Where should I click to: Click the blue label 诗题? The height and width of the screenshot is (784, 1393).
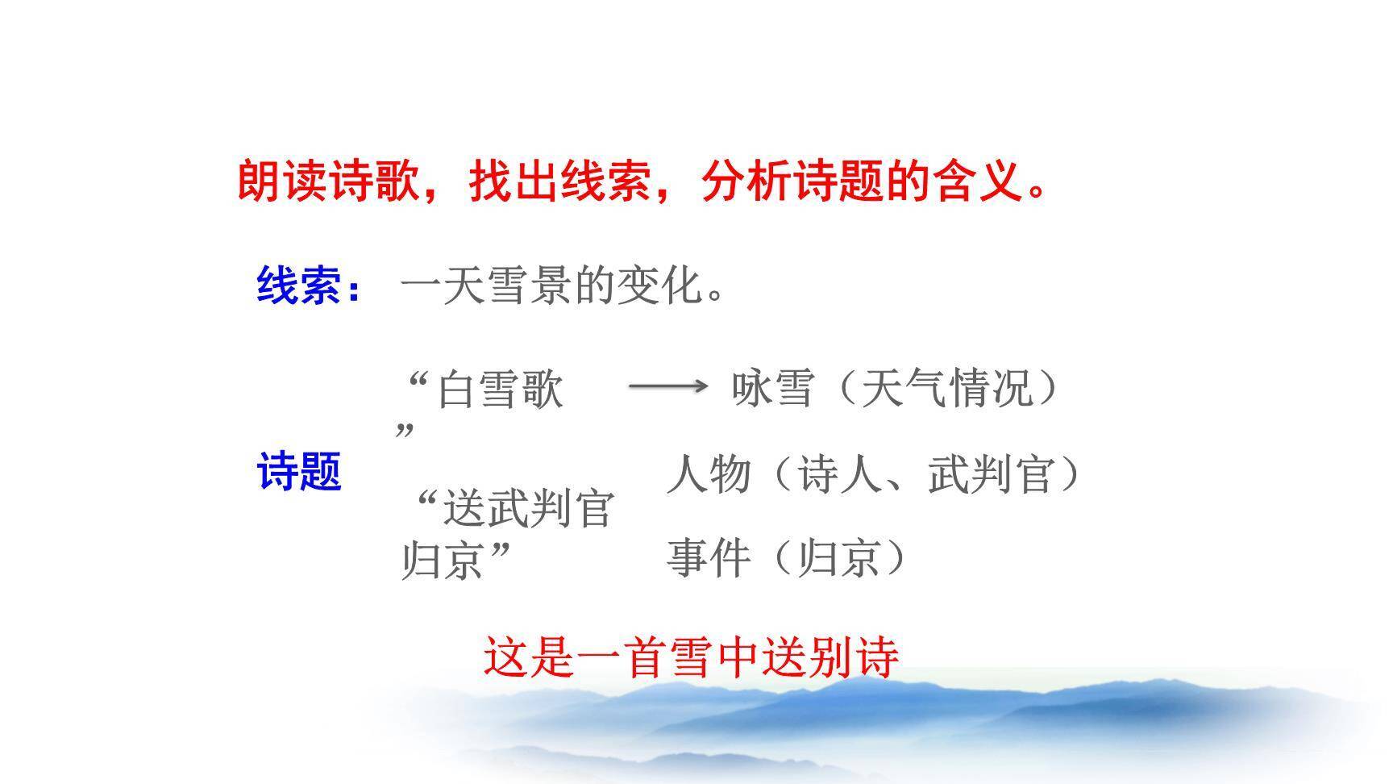pyautogui.click(x=299, y=471)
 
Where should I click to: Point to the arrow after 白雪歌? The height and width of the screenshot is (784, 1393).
pyautogui.click(x=667, y=387)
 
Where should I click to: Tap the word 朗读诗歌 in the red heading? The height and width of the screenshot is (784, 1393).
pyautogui.click(x=328, y=181)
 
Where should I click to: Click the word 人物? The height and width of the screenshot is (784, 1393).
pyautogui.click(x=709, y=473)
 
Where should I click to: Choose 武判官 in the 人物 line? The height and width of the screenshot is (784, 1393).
pyautogui.click(x=991, y=473)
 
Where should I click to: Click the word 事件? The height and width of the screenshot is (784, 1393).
pyautogui.click(x=709, y=557)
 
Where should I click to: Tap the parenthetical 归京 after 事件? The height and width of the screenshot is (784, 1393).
pyautogui.click(x=838, y=557)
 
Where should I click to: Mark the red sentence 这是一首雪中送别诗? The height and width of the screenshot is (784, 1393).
pyautogui.click(x=691, y=657)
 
